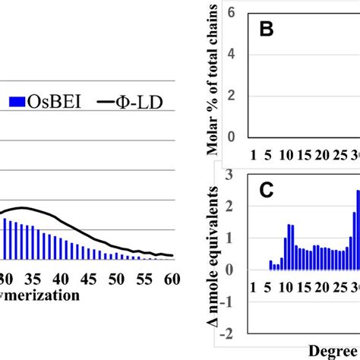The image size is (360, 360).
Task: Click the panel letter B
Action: click(x=267, y=31)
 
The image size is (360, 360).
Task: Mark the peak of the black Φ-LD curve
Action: click(x=24, y=207)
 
